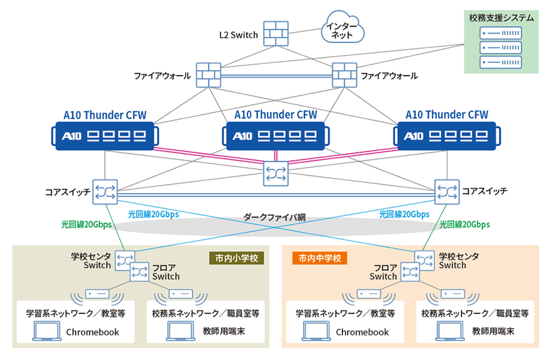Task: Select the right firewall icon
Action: [x=344, y=75]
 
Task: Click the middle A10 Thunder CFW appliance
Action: [x=276, y=137]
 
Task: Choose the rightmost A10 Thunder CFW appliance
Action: [x=446, y=136]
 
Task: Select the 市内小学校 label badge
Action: [x=237, y=258]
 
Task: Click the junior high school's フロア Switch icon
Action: [x=410, y=272]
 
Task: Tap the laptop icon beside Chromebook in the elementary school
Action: [x=46, y=332]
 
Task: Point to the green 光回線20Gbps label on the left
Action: [x=86, y=224]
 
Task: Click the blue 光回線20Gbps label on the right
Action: [x=405, y=214]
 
